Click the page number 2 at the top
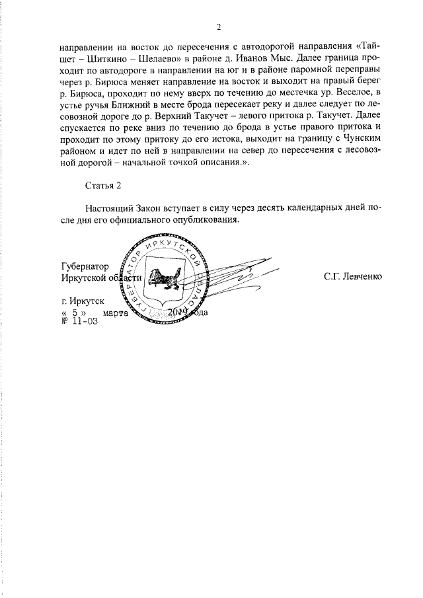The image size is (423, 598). (x=219, y=27)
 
